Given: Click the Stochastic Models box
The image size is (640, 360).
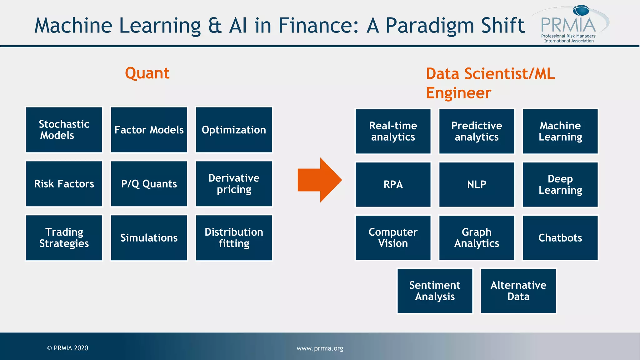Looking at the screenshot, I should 64,130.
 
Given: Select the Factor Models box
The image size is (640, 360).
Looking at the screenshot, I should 149,130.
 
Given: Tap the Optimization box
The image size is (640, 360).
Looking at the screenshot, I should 234,130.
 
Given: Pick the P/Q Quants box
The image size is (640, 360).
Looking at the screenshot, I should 149,184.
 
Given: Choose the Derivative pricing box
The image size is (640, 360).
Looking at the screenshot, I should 234,184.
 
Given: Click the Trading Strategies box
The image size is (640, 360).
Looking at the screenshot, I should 64,238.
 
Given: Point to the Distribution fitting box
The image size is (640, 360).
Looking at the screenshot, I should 234,238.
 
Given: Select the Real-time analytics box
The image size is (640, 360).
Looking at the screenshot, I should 393,131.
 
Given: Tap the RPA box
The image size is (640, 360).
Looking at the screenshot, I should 393,184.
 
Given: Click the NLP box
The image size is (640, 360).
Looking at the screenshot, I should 477,184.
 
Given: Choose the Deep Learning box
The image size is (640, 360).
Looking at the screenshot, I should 560,184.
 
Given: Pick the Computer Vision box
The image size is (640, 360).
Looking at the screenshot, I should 393,238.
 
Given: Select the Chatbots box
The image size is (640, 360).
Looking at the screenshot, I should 560,238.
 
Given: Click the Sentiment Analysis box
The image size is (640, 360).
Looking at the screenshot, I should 435,291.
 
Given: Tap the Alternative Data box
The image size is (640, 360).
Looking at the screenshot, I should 518,291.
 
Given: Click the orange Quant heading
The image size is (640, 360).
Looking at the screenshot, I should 147,73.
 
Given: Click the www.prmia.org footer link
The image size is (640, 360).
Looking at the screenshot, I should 320,348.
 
